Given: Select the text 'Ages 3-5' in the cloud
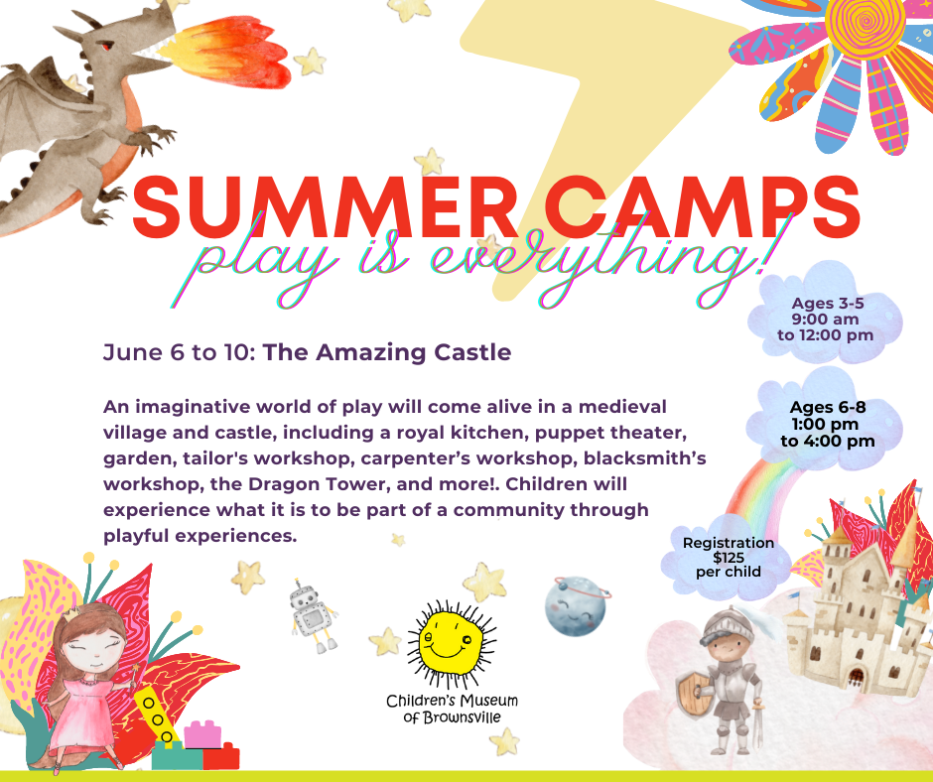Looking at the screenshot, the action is click(x=827, y=303).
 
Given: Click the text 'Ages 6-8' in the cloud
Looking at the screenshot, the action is click(x=827, y=407).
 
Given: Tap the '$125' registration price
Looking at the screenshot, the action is click(x=729, y=558).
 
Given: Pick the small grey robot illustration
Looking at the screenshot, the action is click(x=313, y=617).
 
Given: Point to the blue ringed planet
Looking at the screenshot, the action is click(x=576, y=605).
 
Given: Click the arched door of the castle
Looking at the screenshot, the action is click(x=856, y=677).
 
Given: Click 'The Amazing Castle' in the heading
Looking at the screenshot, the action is click(x=387, y=351).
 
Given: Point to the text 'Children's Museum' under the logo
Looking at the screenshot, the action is click(x=453, y=701).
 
